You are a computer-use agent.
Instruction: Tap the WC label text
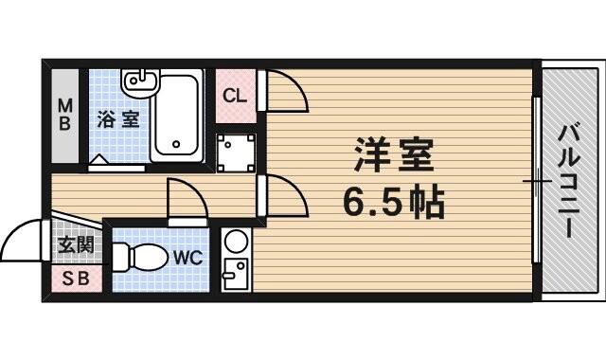186,256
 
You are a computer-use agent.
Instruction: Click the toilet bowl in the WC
136,257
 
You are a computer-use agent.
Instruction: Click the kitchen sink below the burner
234,274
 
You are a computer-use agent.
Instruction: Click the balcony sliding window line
537,180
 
